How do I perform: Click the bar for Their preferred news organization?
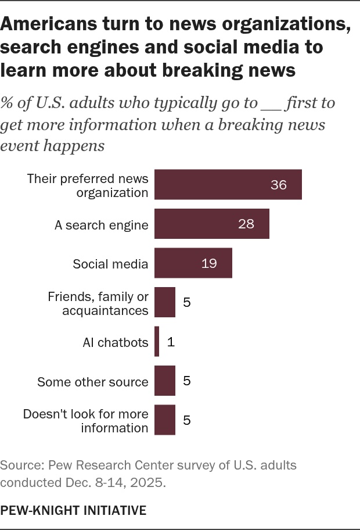point(228,185)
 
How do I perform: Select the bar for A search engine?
point(211,224)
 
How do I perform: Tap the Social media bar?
point(193,263)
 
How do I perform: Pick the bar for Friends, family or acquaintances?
point(165,303)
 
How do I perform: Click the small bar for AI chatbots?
point(157,342)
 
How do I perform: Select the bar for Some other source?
point(165,381)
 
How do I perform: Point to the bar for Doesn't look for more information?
point(165,421)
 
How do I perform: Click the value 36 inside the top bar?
point(279,185)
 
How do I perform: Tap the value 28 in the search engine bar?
point(246,224)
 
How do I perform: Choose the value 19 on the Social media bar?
point(209,263)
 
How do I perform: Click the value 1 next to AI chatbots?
point(171,342)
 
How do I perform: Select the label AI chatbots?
point(116,342)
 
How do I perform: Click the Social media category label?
point(110,264)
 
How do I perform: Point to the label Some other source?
point(93,382)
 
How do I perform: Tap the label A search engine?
point(102,225)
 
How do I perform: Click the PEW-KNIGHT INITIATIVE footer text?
point(73,510)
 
